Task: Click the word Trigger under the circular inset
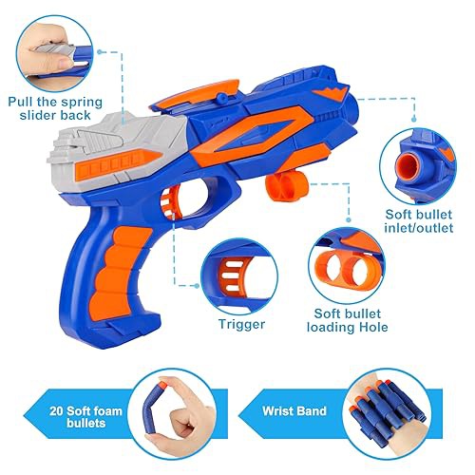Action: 241,324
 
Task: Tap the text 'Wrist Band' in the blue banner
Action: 294,411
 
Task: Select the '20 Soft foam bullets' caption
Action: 85,417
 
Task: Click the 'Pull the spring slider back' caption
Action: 55,108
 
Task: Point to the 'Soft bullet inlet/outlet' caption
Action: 419,221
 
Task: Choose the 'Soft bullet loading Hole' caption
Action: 348,320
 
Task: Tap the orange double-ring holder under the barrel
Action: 288,188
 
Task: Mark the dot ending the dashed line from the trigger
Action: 197,286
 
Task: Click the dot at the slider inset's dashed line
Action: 100,51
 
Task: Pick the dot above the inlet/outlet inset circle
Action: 414,119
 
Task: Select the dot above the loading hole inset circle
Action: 349,219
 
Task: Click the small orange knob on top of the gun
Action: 221,97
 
